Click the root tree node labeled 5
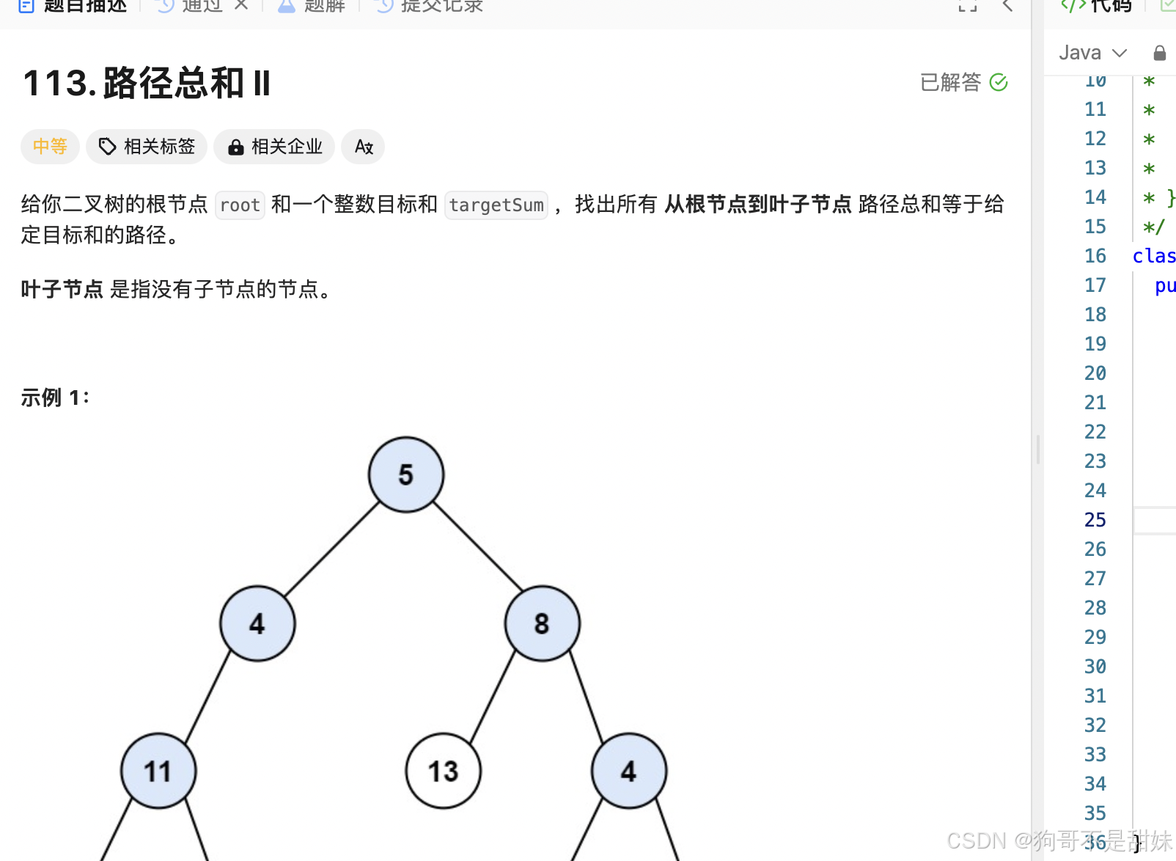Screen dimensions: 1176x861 [406, 475]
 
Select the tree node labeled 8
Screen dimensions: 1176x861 [542, 623]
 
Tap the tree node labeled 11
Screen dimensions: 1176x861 [158, 771]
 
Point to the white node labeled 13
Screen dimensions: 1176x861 [443, 771]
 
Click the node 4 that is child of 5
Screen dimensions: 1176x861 [257, 623]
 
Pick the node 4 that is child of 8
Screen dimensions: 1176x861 [628, 771]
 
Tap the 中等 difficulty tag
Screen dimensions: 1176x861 [50, 147]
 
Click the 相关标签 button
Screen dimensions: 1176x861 [147, 147]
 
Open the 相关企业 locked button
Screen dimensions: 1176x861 [274, 147]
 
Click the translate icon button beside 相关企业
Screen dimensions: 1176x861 [364, 147]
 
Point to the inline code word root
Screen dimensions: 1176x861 [240, 205]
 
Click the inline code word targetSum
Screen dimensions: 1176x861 [496, 205]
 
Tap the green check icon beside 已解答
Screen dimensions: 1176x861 [999, 82]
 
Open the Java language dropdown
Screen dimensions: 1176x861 [1092, 53]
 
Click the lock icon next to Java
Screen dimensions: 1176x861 [1159, 53]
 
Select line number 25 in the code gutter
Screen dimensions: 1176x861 [1095, 520]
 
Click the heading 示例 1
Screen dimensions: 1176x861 [55, 397]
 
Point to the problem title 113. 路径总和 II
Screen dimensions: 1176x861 [147, 83]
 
